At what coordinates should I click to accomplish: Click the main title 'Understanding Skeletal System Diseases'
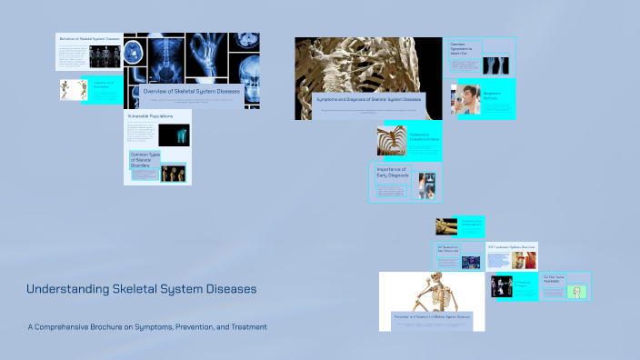coord(141,289)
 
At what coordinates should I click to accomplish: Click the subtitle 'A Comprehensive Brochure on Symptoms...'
coord(146,326)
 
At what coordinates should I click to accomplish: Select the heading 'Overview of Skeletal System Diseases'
coord(193,91)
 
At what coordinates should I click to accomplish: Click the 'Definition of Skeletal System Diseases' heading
coord(90,40)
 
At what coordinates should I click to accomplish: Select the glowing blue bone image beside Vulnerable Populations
coord(174,135)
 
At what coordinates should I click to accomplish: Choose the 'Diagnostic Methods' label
coord(495,93)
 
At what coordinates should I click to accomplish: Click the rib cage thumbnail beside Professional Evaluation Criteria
coord(392,141)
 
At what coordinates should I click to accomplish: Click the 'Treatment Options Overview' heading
coord(512,246)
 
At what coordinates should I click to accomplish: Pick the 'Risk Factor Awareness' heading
coord(554,278)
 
